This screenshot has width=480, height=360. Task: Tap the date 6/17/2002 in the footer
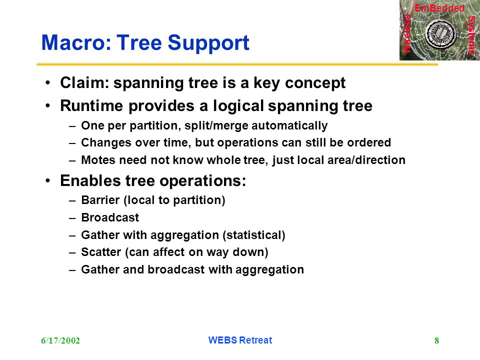pyautogui.click(x=60, y=340)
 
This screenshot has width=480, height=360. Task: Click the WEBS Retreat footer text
pyautogui.click(x=240, y=340)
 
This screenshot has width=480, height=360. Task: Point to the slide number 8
pyautogui.click(x=436, y=340)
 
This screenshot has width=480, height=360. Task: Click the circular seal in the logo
pyautogui.click(x=441, y=34)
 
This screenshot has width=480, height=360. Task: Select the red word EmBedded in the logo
pyautogui.click(x=439, y=8)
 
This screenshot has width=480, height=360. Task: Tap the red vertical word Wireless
pyautogui.click(x=407, y=34)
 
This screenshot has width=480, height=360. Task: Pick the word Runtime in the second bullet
pyautogui.click(x=92, y=105)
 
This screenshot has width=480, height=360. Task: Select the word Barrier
pyautogui.click(x=100, y=200)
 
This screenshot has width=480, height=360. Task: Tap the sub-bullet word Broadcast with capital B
pyautogui.click(x=110, y=217)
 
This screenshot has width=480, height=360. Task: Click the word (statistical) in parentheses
pyautogui.click(x=254, y=235)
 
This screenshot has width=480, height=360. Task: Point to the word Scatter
pyautogui.click(x=101, y=252)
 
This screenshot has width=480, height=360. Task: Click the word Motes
pyautogui.click(x=98, y=160)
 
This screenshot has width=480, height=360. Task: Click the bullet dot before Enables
pyautogui.click(x=47, y=181)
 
